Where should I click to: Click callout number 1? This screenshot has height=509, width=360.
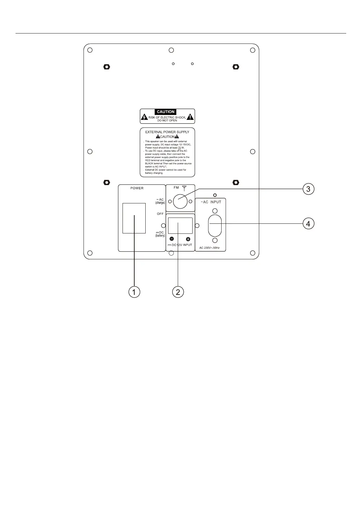[134, 292]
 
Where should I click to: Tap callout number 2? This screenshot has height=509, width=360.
[178, 292]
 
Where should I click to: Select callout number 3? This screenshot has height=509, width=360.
[308, 189]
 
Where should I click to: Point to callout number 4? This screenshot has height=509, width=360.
[308, 223]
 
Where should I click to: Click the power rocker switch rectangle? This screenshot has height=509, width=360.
[134, 218]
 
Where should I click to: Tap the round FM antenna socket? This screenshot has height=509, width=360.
[180, 201]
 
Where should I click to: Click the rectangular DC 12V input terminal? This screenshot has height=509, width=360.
[180, 225]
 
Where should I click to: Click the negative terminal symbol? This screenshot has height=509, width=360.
[172, 239]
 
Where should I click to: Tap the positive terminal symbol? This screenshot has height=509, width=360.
[188, 239]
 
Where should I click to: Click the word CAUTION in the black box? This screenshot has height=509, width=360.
[166, 112]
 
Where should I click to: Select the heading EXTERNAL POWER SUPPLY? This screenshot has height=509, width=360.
[167, 132]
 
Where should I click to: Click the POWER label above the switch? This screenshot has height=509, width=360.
[137, 188]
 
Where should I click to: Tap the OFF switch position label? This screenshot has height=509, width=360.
[160, 214]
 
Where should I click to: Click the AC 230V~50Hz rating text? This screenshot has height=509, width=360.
[210, 248]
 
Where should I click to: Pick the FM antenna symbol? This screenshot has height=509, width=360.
[184, 188]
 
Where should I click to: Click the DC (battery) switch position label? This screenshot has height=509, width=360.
[160, 234]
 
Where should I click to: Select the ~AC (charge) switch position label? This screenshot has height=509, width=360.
[160, 201]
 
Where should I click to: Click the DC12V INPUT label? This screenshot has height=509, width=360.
[180, 245]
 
